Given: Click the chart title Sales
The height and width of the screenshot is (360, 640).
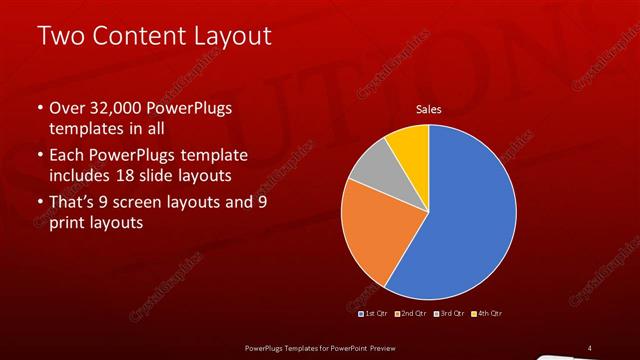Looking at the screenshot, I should click(429, 109).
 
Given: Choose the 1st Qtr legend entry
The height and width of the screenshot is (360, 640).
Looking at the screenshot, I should click(375, 314).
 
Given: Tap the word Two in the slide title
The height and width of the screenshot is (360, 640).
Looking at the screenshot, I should click(59, 37).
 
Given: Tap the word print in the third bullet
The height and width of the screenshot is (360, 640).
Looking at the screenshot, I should click(66, 223).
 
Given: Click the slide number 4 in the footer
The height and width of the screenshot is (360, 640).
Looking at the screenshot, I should click(589, 348).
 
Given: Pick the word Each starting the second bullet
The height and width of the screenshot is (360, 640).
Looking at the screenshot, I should click(66, 156).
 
